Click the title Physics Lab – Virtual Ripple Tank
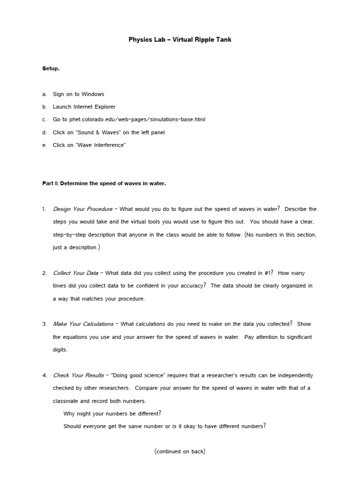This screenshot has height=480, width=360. click(180, 40)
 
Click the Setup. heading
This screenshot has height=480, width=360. click(51, 68)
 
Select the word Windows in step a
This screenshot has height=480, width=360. click(93, 94)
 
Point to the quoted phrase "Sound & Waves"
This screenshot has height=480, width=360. click(92, 133)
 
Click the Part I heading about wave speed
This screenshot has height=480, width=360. click(104, 184)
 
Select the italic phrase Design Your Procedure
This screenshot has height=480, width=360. click(82, 209)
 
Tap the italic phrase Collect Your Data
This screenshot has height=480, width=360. click(75, 273)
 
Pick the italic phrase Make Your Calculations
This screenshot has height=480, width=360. click(83, 324)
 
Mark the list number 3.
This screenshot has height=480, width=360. click(44, 324)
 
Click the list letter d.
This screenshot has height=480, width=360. click(44, 133)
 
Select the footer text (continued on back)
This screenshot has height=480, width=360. click(180, 452)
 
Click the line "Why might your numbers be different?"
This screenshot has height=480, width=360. click(112, 413)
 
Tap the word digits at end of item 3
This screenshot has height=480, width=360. click(60, 350)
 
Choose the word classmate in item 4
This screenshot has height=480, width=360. click(66, 401)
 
